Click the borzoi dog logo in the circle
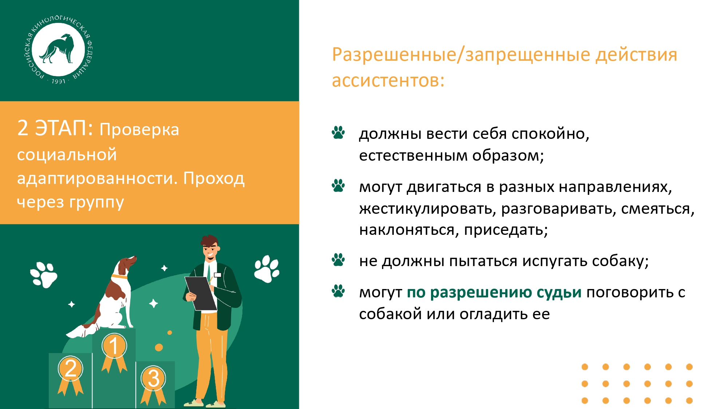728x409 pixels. [58, 48]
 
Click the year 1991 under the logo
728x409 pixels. [58, 81]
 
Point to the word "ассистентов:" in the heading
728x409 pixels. [388, 80]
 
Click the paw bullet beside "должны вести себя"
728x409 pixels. [338, 133]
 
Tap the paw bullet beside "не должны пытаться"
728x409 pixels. [338, 260]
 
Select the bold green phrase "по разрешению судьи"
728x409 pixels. [494, 293]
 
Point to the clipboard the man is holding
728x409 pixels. [201, 293]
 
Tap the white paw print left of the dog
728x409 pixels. [44, 275]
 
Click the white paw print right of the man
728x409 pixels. [267, 269]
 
